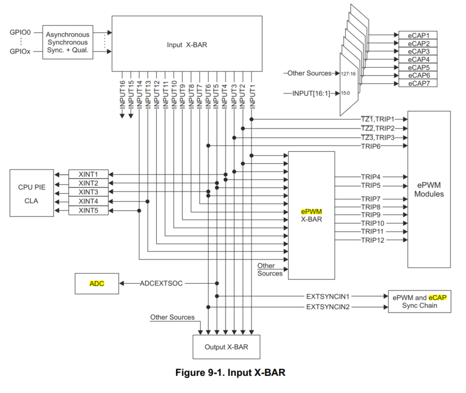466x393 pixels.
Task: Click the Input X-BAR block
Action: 187,44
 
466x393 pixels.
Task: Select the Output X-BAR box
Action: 226,347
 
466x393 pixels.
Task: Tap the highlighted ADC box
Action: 97,283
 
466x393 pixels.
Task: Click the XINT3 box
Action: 88,192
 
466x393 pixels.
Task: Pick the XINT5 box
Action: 88,210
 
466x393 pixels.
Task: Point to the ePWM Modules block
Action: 429,189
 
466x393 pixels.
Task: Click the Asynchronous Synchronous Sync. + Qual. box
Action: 68,43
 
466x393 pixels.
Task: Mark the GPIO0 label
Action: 20,33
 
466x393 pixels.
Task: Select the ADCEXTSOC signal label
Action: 161,283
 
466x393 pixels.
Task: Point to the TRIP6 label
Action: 372,146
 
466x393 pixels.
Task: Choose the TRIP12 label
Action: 373,240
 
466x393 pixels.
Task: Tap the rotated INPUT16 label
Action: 122,93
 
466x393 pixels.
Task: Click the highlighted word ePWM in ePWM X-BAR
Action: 311,211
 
